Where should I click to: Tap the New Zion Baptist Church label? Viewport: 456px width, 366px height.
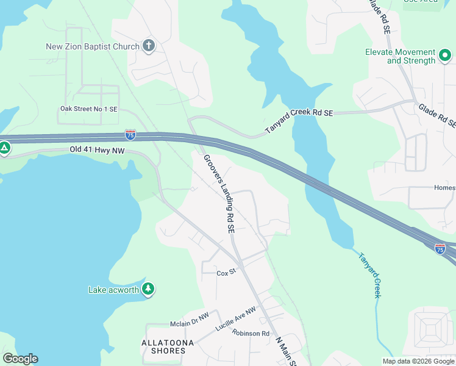click(x=93, y=46)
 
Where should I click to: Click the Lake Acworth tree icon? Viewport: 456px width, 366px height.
click(x=148, y=289)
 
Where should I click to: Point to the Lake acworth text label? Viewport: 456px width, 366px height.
click(x=113, y=290)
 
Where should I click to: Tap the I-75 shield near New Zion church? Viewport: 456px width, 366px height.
click(x=130, y=135)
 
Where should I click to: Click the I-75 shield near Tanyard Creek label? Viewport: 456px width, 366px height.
click(x=440, y=248)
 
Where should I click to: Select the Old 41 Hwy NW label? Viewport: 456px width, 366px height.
click(x=97, y=149)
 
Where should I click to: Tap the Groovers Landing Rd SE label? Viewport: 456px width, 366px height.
click(x=219, y=194)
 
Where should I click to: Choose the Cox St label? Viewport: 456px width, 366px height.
click(x=226, y=273)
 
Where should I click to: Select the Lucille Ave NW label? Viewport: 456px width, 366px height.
click(x=236, y=320)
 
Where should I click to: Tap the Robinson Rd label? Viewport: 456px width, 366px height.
click(x=251, y=334)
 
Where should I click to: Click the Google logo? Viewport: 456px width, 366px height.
click(x=20, y=359)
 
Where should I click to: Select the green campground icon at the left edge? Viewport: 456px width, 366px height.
click(x=4, y=148)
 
